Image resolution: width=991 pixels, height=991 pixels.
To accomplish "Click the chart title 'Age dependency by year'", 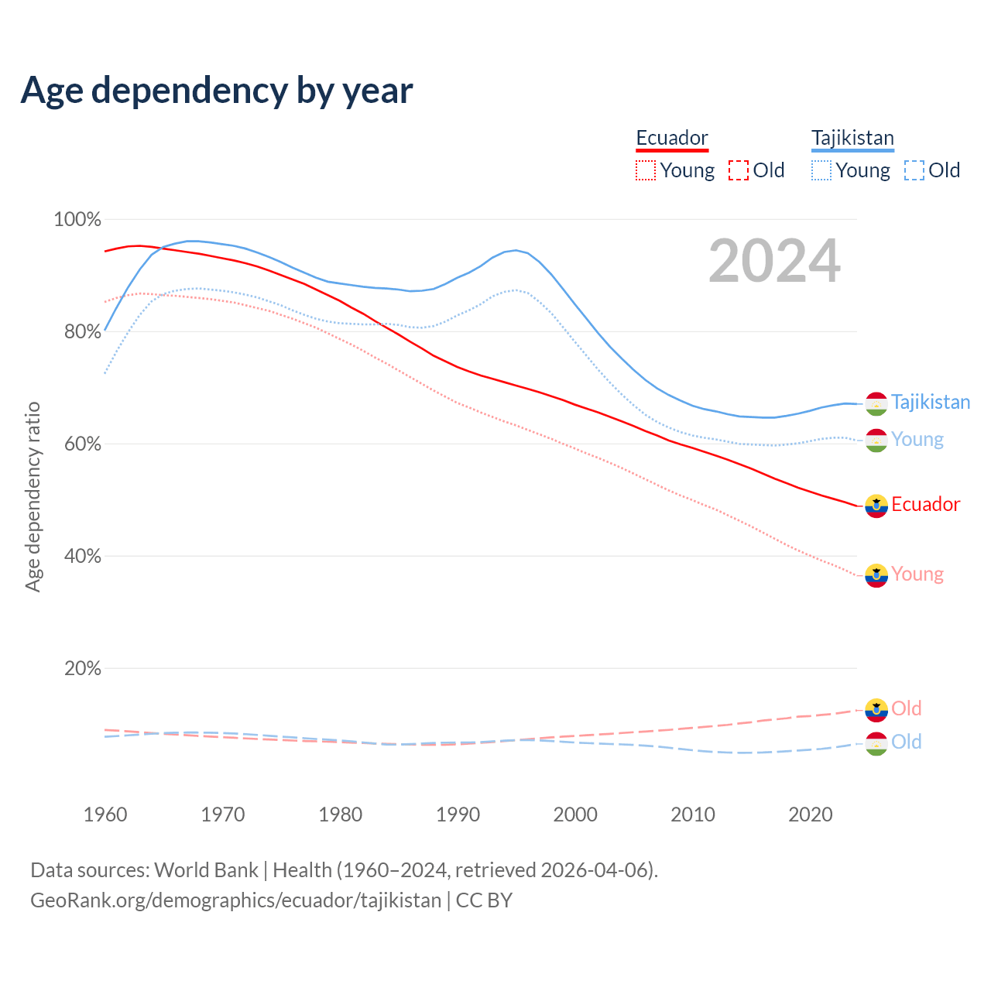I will (x=217, y=91).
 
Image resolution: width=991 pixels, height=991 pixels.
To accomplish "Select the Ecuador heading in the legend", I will (x=672, y=138).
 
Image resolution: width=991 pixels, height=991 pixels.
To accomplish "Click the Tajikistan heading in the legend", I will (x=852, y=138).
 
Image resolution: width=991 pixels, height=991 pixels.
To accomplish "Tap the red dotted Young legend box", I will (x=646, y=170).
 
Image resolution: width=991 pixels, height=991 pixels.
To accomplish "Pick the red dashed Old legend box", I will (x=739, y=170).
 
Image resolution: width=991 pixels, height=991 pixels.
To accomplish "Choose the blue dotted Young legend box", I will (x=821, y=170).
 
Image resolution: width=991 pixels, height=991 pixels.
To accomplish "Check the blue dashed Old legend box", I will (x=914, y=170).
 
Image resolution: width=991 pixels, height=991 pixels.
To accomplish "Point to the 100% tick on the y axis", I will (x=77, y=220).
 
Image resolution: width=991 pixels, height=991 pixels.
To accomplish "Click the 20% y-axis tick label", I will (x=82, y=669).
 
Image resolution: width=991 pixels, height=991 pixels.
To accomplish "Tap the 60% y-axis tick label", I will (x=82, y=444).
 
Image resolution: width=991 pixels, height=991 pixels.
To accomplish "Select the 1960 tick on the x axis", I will (x=105, y=814).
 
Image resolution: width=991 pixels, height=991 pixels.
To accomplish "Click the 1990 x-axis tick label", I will (x=458, y=814).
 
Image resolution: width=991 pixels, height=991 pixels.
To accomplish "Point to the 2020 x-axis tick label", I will (x=810, y=814).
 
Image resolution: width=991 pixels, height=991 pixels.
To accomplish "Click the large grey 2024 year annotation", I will (x=774, y=262).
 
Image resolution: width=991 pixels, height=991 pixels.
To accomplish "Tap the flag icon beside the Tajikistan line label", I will (x=876, y=403).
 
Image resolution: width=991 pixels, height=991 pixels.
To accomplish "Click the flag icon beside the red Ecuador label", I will (x=876, y=506).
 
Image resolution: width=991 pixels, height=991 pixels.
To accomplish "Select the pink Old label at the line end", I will (x=906, y=708).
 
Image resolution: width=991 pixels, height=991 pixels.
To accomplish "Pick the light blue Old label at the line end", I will (x=906, y=742).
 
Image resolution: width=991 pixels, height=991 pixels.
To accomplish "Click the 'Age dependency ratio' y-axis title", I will (x=33, y=496).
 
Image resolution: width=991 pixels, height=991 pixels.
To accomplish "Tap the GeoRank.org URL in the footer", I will (x=235, y=900).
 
